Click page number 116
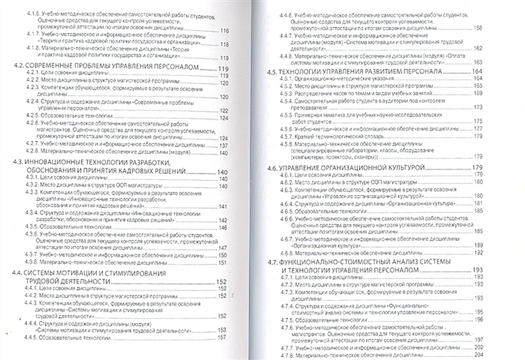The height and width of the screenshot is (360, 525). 223,31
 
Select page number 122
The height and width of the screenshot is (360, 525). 223,110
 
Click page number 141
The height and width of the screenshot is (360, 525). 223,206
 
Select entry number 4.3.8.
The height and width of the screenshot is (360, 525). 34,259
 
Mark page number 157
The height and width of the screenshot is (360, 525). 222,354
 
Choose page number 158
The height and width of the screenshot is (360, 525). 477,27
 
